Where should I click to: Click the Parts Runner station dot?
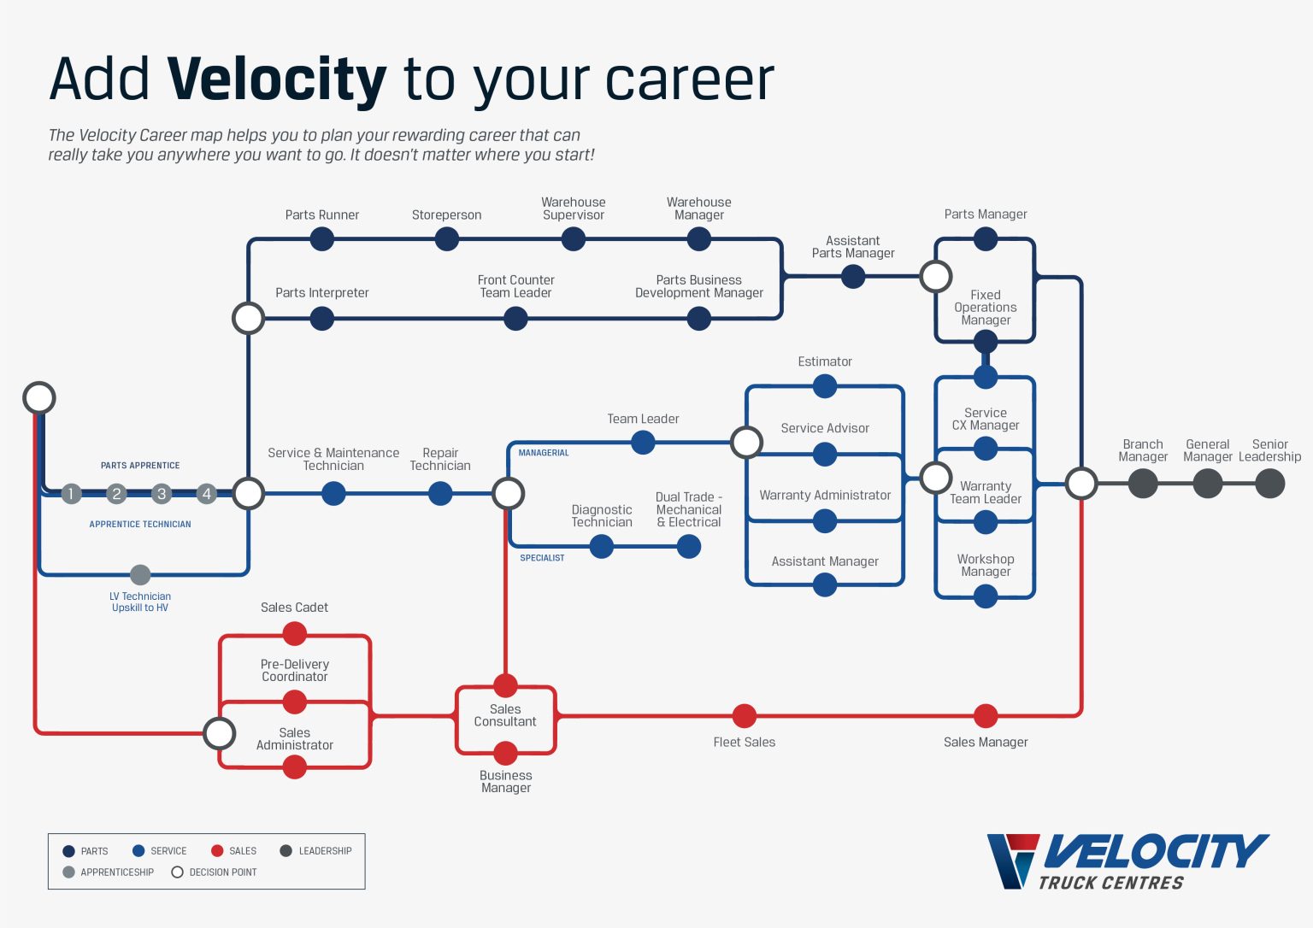[x=322, y=239]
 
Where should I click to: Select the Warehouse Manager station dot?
[x=699, y=239]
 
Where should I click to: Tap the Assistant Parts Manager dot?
[x=853, y=277]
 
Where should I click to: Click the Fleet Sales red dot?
[x=745, y=716]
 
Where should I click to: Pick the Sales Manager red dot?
[x=986, y=716]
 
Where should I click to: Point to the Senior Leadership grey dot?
[x=1270, y=484]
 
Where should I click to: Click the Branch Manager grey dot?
[x=1143, y=484]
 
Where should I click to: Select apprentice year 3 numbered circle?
[x=162, y=494]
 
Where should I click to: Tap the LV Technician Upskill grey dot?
[x=140, y=575]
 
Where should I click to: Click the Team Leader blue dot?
[x=643, y=443]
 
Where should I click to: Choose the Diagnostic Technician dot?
[x=602, y=547]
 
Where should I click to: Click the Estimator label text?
[x=825, y=362]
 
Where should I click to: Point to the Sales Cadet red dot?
[x=295, y=634]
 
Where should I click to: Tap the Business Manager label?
[x=506, y=782]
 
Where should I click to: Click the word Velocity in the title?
[x=277, y=79]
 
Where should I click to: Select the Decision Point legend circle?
[x=178, y=872]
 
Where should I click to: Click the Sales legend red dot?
[x=217, y=851]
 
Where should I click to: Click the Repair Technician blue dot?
[x=440, y=494]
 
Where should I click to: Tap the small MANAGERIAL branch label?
[x=544, y=453]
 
